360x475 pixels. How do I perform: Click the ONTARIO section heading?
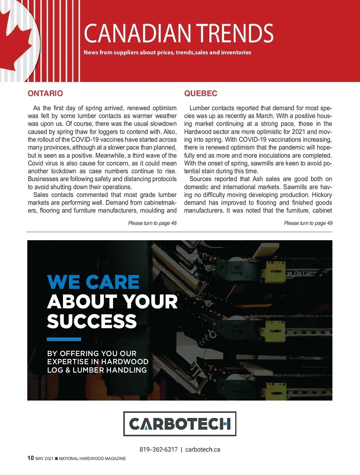click(45, 93)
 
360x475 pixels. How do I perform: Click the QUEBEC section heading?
click(200, 93)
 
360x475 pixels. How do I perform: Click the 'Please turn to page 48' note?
click(152, 223)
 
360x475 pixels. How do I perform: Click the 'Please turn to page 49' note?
click(308, 223)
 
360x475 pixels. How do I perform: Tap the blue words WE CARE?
click(93, 282)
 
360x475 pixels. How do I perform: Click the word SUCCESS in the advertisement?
click(92, 321)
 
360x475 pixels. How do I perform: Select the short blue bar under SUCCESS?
click(64, 339)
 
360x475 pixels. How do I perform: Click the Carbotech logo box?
click(180, 424)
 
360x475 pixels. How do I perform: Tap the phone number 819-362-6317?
click(158, 449)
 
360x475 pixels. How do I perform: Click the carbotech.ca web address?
click(203, 449)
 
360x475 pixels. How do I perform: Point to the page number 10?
click(30, 458)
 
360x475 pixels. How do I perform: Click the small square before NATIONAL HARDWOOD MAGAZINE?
click(56, 458)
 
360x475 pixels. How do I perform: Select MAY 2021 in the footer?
click(44, 458)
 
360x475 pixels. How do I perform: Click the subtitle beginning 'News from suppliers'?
click(167, 52)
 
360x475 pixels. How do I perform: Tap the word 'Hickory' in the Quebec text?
click(322, 195)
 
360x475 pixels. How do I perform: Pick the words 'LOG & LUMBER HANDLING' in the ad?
click(97, 370)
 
